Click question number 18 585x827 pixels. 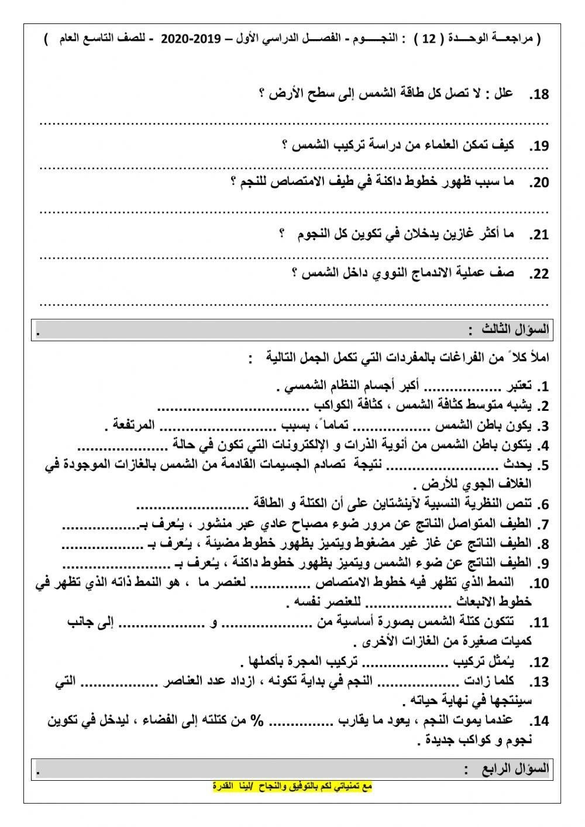click(x=539, y=94)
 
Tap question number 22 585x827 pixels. click(x=539, y=274)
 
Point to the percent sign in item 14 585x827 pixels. click(x=256, y=720)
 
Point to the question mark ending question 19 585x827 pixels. click(x=285, y=145)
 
